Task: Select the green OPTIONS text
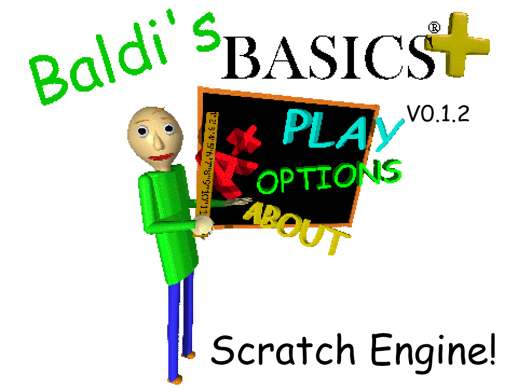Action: click(329, 177)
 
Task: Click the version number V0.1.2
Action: click(438, 114)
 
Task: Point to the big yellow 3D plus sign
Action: click(458, 44)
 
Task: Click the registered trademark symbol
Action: click(434, 27)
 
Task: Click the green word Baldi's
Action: click(124, 59)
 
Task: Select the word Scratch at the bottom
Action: click(283, 350)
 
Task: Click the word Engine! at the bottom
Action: click(433, 351)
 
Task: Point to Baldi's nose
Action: click(159, 141)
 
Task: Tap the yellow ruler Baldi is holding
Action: click(207, 165)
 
